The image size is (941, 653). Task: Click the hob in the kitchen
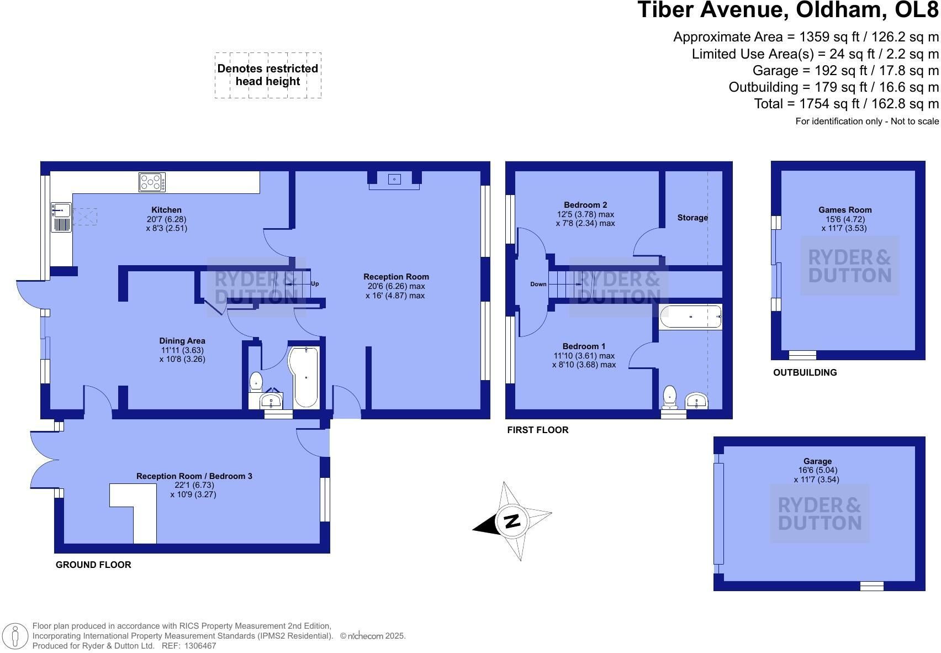click(152, 182)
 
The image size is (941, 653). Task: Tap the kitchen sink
click(61, 217)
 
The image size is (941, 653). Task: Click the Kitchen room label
click(166, 210)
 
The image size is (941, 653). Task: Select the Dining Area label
click(182, 341)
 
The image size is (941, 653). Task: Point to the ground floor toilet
click(256, 382)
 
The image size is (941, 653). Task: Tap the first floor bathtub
click(691, 317)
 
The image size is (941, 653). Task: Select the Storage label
click(692, 218)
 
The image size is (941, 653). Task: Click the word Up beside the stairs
click(315, 283)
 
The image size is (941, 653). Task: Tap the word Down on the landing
click(538, 284)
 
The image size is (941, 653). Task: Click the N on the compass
click(512, 522)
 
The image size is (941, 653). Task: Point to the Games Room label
click(845, 210)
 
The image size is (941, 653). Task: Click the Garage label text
click(817, 461)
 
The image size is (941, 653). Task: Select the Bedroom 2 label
click(585, 204)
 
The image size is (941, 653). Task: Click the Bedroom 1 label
click(584, 346)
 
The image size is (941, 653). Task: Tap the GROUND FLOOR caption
click(93, 565)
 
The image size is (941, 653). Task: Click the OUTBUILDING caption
click(805, 372)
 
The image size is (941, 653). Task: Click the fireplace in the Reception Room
click(394, 180)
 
